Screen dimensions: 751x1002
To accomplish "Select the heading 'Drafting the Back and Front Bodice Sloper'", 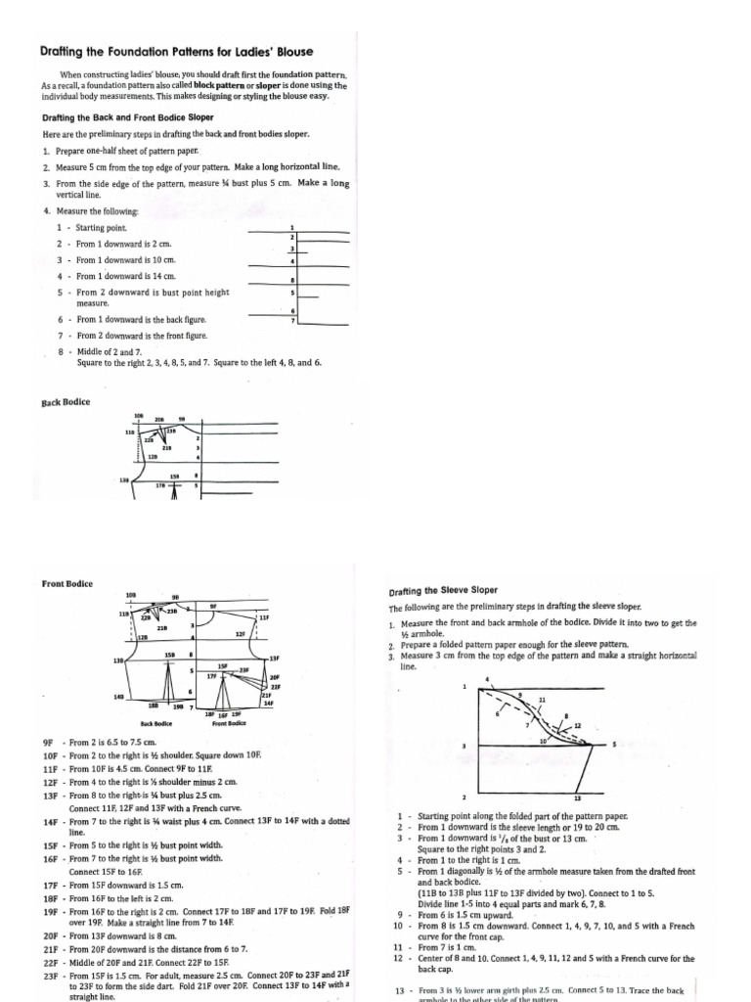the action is click(x=127, y=117).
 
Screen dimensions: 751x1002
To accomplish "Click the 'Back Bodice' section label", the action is click(x=66, y=402).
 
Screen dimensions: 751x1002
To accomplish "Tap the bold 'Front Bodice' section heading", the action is click(x=67, y=584).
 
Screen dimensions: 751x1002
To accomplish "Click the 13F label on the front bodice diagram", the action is click(x=275, y=659).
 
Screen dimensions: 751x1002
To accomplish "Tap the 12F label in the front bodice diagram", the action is click(x=239, y=635).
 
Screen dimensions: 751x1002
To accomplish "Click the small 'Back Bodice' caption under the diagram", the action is click(x=156, y=723).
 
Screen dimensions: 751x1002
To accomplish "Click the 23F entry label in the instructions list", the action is click(x=51, y=976).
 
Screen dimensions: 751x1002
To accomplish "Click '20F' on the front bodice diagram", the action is click(x=275, y=677).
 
